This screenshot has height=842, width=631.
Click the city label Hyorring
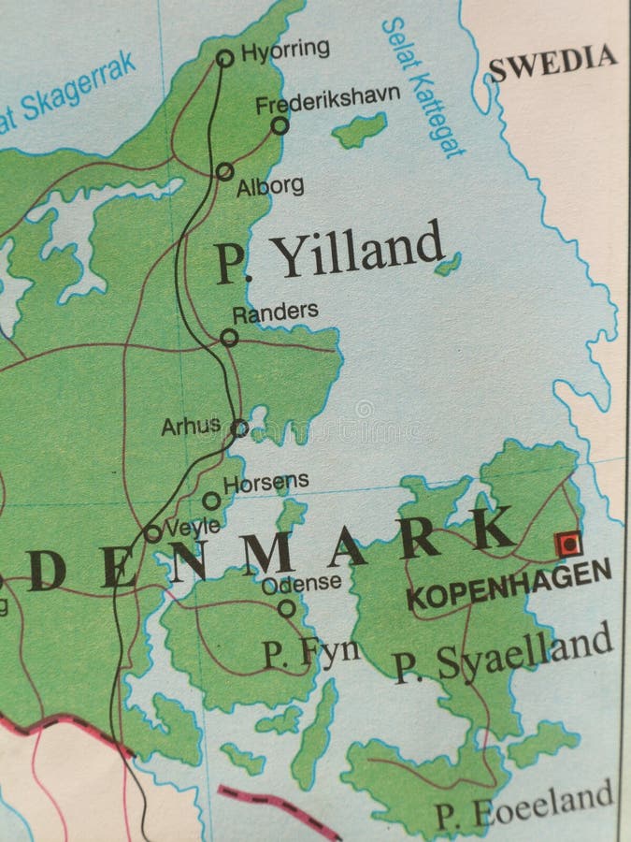tap(285, 49)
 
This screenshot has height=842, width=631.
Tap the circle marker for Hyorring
tap(224, 58)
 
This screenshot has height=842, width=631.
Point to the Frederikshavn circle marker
tap(280, 125)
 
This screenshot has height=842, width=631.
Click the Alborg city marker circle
tap(224, 171)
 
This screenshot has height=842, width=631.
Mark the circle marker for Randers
tap(229, 337)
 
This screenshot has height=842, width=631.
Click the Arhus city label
tap(191, 426)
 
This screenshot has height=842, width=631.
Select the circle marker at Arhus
tap(240, 428)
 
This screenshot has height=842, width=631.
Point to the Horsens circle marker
tap(212, 501)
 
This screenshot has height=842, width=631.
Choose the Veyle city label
tap(193, 526)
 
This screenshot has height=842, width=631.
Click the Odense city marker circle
tap(286, 608)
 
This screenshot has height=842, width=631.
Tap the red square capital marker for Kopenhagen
tap(567, 544)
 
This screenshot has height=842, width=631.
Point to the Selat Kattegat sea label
tap(422, 86)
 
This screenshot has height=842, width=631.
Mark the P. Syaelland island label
tap(503, 655)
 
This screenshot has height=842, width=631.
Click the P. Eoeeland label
tap(523, 806)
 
